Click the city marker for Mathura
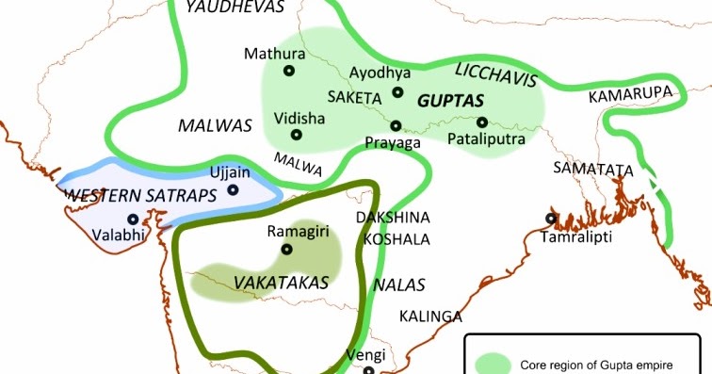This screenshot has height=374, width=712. point(289,71)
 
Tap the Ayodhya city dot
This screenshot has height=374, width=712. point(397,92)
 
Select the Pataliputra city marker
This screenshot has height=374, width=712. point(482,122)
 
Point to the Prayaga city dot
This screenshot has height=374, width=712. point(396,124)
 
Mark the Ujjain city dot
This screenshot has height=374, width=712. point(234,189)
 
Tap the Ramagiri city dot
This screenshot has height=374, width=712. point(286,249)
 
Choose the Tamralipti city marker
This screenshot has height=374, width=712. point(550,219)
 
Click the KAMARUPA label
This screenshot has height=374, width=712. point(627,95)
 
